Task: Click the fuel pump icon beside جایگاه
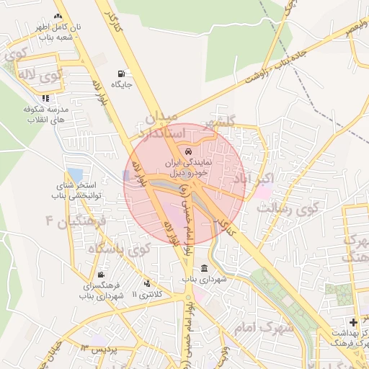tap(120, 74)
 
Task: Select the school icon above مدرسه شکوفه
tap(46, 98)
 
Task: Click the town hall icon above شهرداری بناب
tap(205, 268)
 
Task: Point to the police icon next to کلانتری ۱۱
tap(148, 283)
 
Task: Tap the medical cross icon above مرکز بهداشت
tap(352, 321)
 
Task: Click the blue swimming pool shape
tap(74, 175)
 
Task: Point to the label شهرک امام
tap(264, 326)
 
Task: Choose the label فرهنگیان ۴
tap(75, 220)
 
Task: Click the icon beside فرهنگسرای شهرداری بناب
tap(100, 275)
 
